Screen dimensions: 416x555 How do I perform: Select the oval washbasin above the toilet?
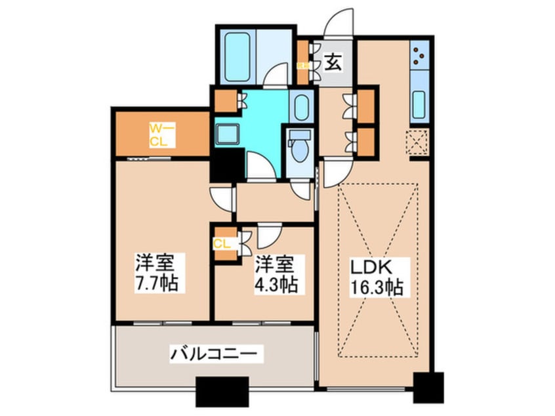coord(302,108)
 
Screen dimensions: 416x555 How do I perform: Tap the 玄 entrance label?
coord(333,63)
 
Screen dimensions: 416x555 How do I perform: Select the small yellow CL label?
coord(220,243)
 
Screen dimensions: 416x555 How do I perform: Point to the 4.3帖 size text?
coord(275,284)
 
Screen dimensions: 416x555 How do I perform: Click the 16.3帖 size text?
coord(376,287)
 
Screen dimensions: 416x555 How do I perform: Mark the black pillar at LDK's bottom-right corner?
coord(428,387)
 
